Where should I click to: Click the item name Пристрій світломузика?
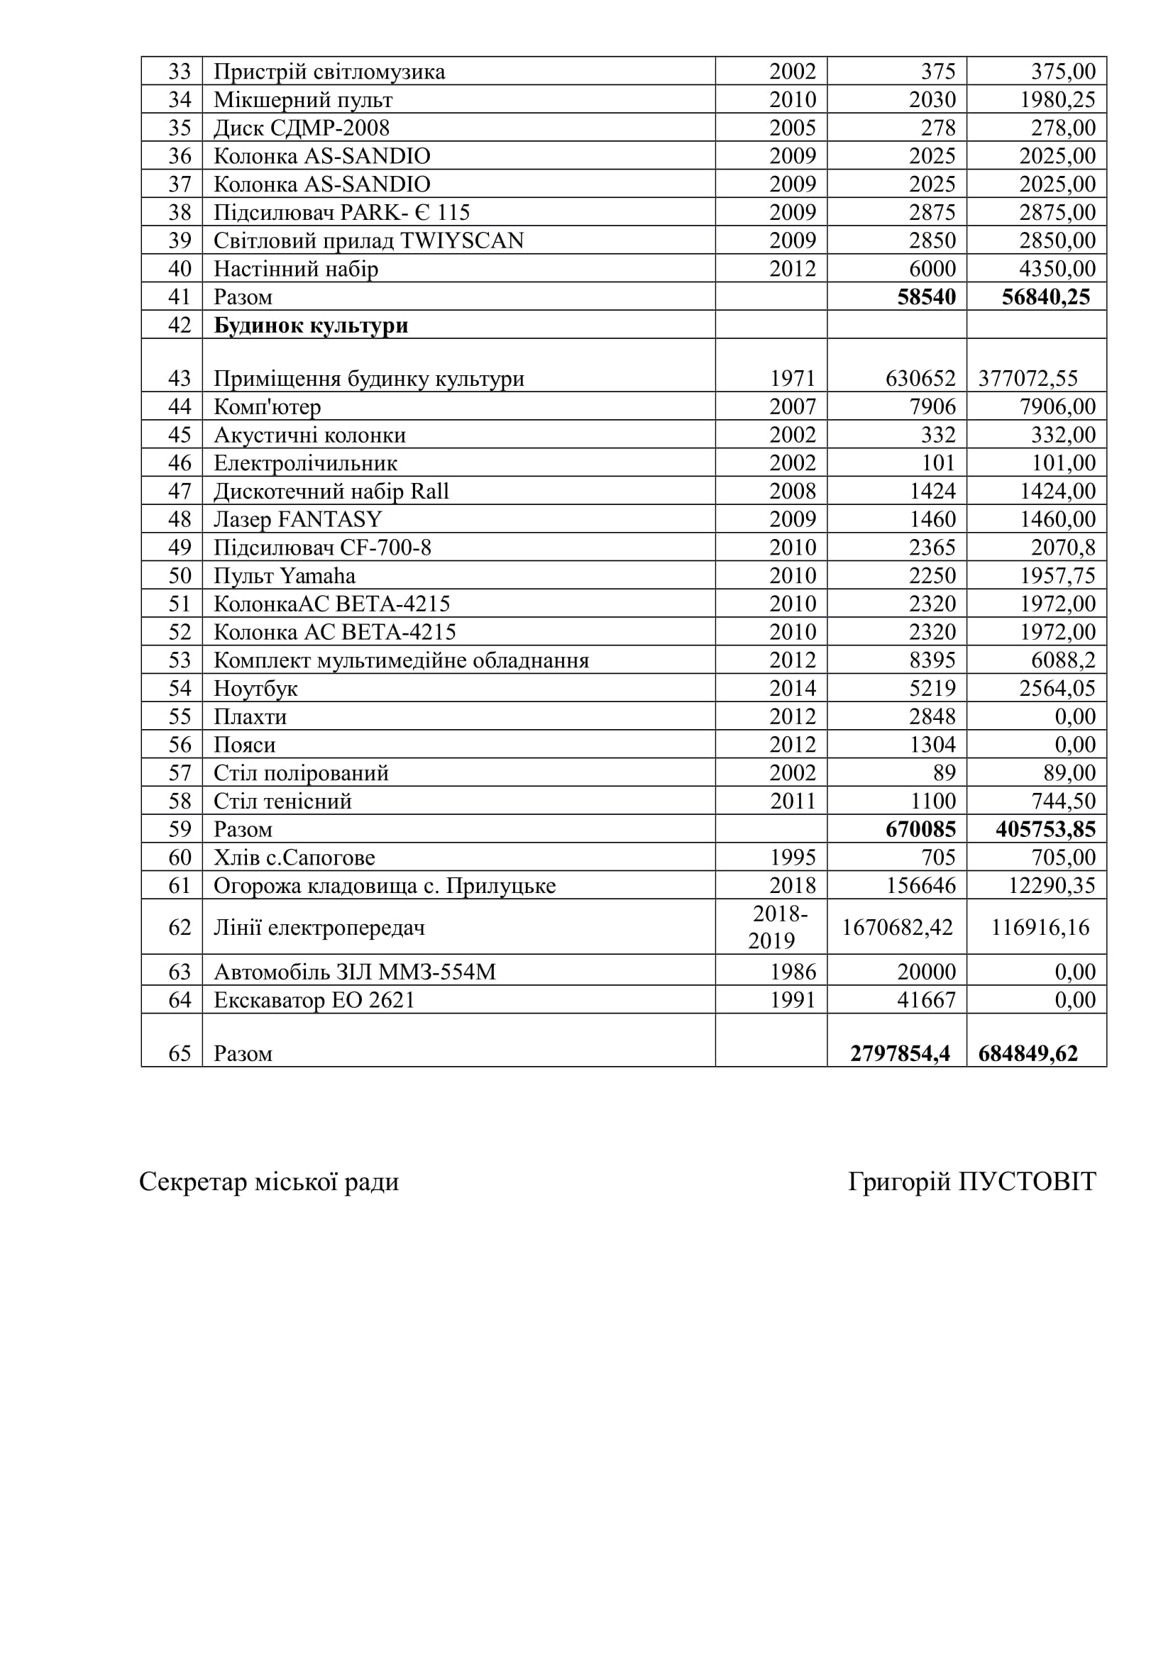[329, 72]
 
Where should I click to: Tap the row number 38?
[180, 213]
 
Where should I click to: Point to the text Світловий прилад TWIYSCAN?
[368, 240]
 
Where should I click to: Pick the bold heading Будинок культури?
[311, 325]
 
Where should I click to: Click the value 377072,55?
[1028, 379]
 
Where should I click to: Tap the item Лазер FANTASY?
[298, 519]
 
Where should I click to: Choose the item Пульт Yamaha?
[285, 576]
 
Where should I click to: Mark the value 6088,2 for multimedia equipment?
[1063, 660]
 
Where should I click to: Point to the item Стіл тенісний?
[282, 801]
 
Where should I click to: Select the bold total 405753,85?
[1045, 830]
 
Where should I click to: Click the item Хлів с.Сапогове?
[294, 858]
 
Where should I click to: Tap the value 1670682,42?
[897, 927]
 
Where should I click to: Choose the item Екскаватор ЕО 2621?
[314, 1000]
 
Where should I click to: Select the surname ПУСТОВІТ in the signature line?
[1027, 1182]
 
